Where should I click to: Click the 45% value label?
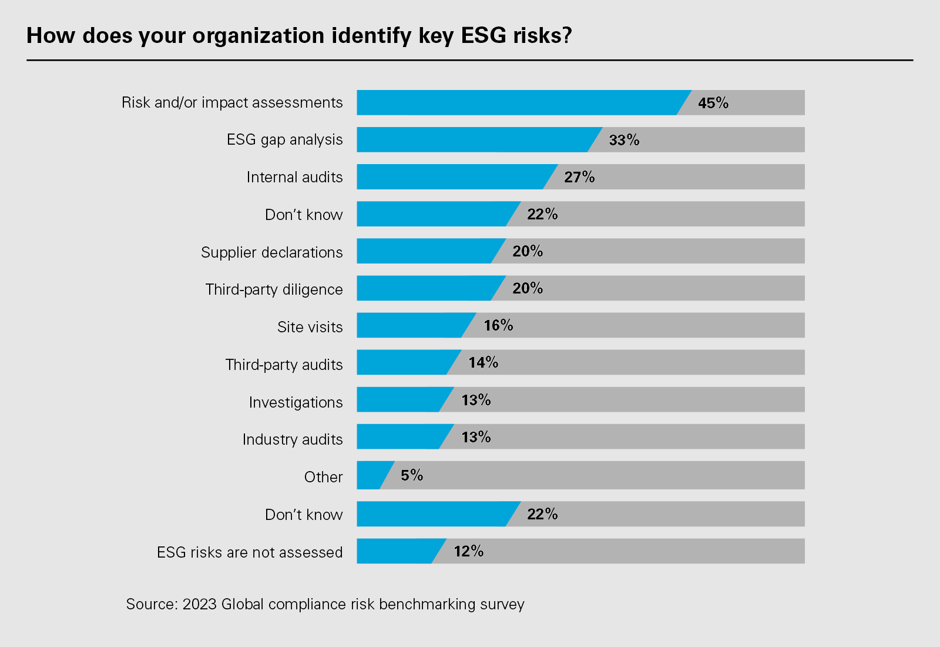713,103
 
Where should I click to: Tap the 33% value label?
624,140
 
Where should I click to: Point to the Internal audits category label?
294,177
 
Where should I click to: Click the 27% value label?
579,177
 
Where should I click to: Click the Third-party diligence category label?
274,289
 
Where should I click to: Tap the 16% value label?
498,325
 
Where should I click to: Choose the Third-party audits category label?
284,365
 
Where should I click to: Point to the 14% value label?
483,362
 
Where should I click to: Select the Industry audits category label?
293,439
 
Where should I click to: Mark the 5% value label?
412,475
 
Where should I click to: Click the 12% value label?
468,551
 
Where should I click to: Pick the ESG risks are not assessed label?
250,552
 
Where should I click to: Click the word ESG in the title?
484,36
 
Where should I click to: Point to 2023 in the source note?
200,604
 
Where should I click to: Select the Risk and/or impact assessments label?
232,102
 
